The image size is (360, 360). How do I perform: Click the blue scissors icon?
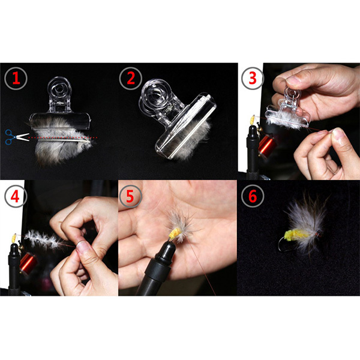click(x=12, y=136)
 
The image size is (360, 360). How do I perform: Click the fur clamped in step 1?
click(x=60, y=147)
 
